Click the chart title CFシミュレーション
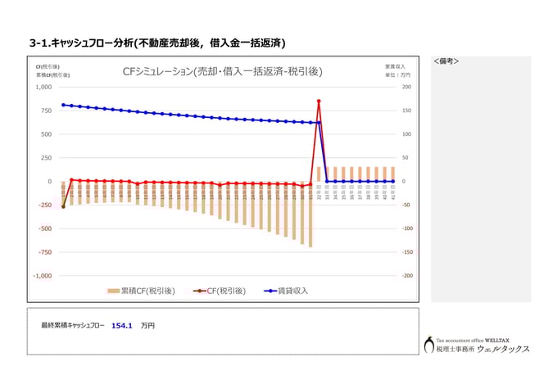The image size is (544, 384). (222, 72)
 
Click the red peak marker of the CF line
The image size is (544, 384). (318, 102)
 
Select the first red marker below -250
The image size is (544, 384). (63, 206)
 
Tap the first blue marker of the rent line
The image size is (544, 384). (63, 105)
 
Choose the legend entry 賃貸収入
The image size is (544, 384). (287, 291)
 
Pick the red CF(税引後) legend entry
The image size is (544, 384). (217, 291)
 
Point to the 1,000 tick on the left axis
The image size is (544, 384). (43, 87)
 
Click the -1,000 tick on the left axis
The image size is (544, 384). (42, 276)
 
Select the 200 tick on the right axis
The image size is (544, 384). (405, 87)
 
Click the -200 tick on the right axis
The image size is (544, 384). (406, 276)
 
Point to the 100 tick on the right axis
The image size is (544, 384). (405, 134)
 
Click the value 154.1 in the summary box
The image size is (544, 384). (122, 325)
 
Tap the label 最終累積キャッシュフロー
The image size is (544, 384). (73, 325)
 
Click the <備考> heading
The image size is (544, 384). (446, 61)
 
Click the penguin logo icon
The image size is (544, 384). (428, 345)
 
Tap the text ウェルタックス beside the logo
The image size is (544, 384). (503, 349)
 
